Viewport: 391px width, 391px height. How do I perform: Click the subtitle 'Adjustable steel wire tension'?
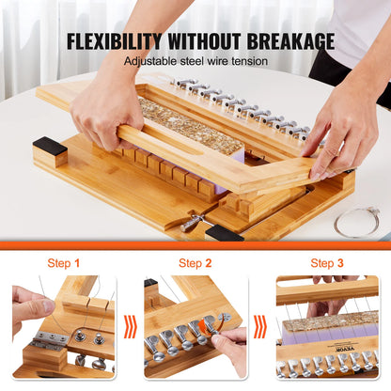[x=195, y=61]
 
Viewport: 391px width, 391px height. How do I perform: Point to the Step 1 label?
[x=64, y=263]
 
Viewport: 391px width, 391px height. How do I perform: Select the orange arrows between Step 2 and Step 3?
[x=260, y=327]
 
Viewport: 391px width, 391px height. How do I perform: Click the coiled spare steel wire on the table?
[x=357, y=222]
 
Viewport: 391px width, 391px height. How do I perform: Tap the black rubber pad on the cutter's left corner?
[x=50, y=146]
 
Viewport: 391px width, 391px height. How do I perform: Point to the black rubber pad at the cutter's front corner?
[x=224, y=232]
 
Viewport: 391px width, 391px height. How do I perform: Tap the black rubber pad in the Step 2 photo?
[x=150, y=282]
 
